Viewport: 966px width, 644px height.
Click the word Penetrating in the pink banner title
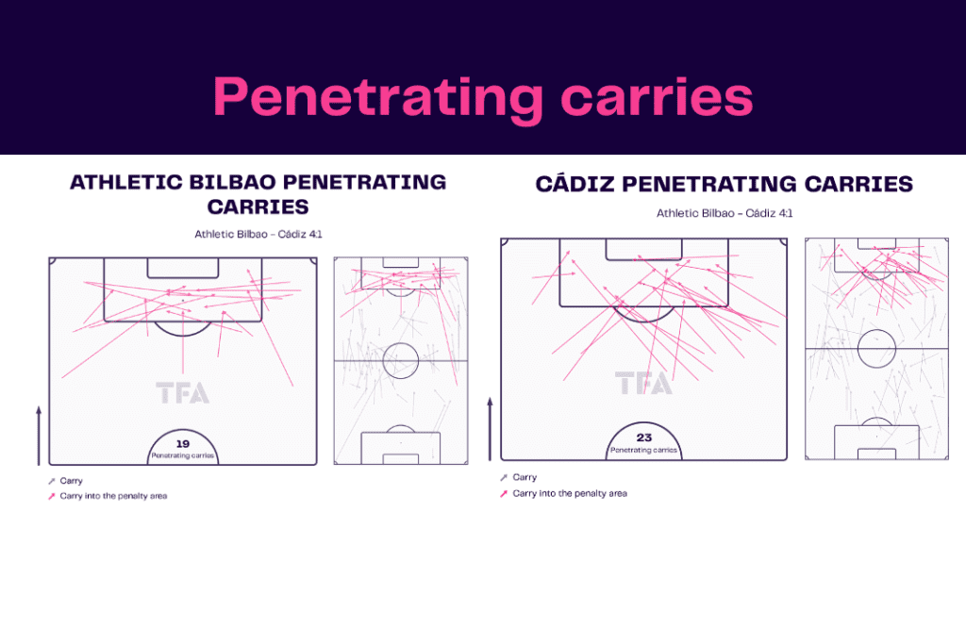tap(378, 98)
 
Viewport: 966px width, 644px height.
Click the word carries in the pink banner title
tap(657, 97)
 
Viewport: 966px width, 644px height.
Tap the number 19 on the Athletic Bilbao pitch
tap(183, 443)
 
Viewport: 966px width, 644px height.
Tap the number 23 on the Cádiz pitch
tap(643, 438)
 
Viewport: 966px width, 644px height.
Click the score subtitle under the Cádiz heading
tap(724, 213)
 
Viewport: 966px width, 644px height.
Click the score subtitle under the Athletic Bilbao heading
tap(258, 234)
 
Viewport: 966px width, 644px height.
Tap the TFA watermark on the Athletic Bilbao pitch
tap(182, 393)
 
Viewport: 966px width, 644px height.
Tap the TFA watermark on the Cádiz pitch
tap(643, 383)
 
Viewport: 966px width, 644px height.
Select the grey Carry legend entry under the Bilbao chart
tap(65, 480)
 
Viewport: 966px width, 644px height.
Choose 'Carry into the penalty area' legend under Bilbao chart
tap(108, 496)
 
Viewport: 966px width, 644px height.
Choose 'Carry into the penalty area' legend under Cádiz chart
tap(564, 493)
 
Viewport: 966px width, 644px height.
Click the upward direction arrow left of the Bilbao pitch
tap(39, 436)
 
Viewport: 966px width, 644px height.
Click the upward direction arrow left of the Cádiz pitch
tap(491, 429)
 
